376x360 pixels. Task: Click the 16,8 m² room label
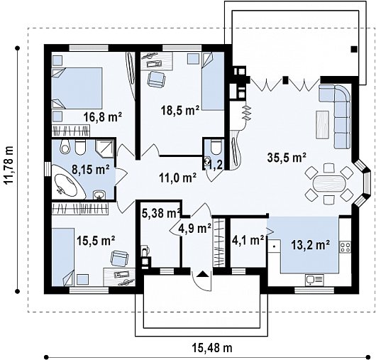103,117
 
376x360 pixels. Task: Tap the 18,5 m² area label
180,111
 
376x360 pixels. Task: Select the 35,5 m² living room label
287,158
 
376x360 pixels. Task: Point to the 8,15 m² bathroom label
91,170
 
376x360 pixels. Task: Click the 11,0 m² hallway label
177,178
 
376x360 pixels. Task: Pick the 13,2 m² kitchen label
310,245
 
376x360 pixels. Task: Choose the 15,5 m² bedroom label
96,240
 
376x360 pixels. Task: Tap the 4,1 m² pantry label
248,240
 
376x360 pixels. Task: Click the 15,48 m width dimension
212,348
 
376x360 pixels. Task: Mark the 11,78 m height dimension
9,168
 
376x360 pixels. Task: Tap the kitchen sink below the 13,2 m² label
314,280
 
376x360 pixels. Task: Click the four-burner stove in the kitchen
345,247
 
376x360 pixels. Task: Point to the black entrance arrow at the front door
202,274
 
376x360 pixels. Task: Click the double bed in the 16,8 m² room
77,88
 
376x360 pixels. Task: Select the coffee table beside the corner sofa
322,124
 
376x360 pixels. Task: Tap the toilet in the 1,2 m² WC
216,147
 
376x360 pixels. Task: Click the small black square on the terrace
354,50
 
